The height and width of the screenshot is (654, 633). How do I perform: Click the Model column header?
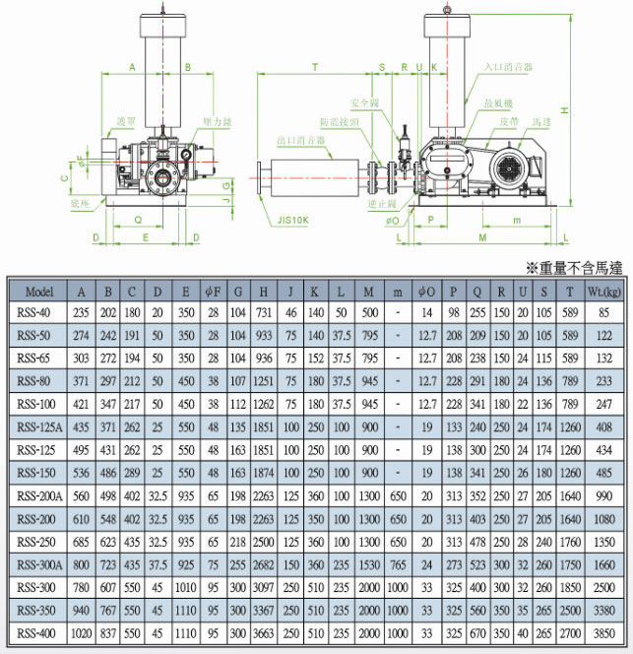click(x=39, y=293)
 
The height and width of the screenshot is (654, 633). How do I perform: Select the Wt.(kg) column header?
click(x=602, y=293)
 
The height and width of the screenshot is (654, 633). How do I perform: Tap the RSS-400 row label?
click(x=39, y=632)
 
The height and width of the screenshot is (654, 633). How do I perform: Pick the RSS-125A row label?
click(x=39, y=428)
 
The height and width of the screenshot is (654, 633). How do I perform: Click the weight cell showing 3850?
click(x=602, y=632)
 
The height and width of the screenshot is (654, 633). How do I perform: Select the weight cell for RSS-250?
click(x=602, y=542)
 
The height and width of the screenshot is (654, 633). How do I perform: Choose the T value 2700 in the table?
click(x=570, y=632)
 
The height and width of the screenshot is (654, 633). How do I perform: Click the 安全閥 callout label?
click(x=362, y=102)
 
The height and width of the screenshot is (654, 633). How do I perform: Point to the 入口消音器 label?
click(x=509, y=67)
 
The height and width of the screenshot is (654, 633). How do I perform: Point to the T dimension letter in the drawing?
click(x=314, y=68)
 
